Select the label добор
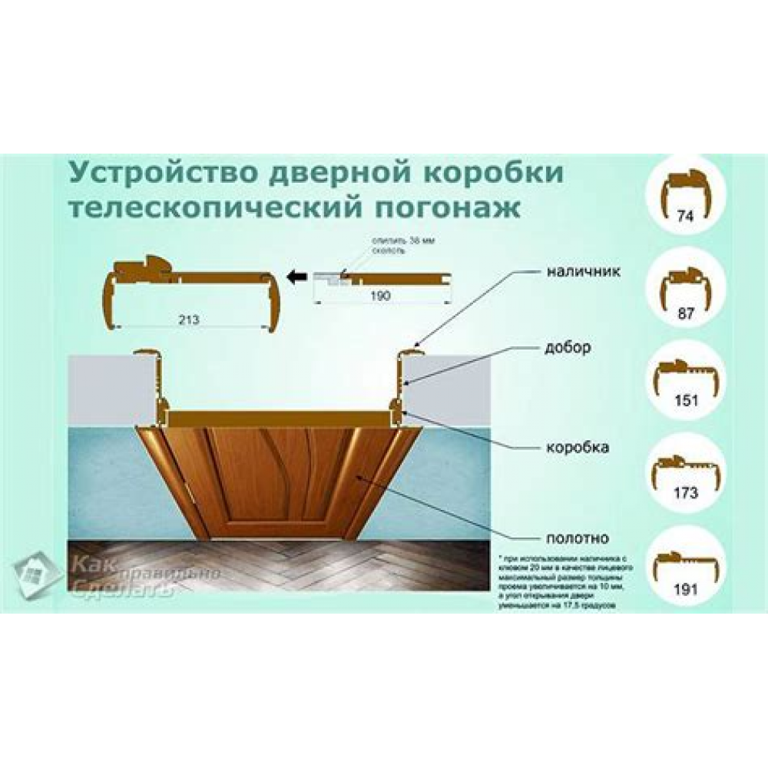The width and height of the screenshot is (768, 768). click(570, 347)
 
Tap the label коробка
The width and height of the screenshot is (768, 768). click(578, 447)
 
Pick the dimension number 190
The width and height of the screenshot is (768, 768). click(381, 295)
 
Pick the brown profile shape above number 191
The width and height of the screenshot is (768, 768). click(688, 558)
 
